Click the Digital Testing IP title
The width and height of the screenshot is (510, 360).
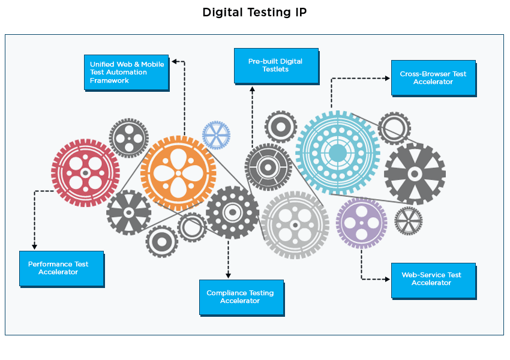tap(254, 13)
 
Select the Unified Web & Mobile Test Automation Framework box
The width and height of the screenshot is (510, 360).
tap(126, 72)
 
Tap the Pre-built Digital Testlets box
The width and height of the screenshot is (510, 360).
tap(275, 65)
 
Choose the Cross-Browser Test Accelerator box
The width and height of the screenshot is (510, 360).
tap(433, 78)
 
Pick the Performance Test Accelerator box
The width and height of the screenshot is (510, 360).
tap(61, 268)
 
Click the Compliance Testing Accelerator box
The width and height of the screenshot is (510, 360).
tap(241, 297)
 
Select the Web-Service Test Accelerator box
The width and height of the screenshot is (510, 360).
tap(433, 280)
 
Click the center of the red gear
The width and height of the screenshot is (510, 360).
tap(85, 173)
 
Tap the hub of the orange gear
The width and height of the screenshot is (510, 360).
tap(178, 173)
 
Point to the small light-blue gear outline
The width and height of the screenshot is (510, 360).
tap(216, 135)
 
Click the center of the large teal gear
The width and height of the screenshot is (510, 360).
tap(337, 152)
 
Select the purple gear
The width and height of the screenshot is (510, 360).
tap(361, 223)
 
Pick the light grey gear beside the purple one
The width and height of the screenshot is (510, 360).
tap(295, 225)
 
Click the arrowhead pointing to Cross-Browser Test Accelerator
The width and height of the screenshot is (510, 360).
tap(388, 78)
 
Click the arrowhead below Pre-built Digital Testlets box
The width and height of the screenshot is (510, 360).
tap(253, 89)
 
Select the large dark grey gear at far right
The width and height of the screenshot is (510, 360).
tap(415, 174)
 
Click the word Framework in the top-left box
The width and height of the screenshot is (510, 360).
tap(106, 80)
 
